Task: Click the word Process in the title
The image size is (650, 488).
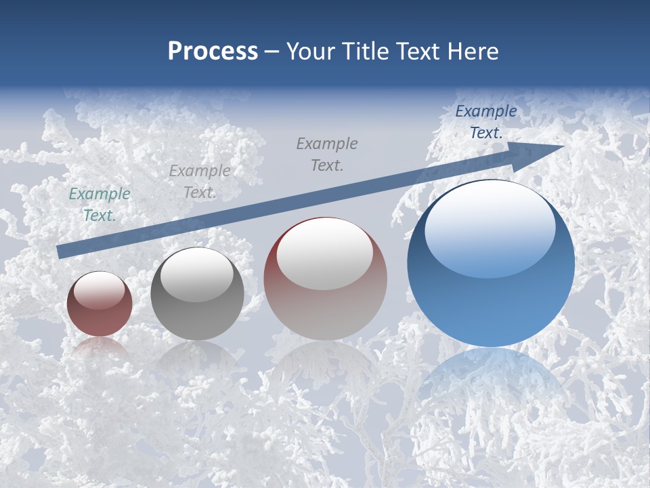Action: pyautogui.click(x=213, y=51)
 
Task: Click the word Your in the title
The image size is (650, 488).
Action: pyautogui.click(x=310, y=51)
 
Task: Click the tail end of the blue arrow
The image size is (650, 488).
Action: pyautogui.click(x=61, y=251)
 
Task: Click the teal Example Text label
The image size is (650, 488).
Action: pyautogui.click(x=100, y=205)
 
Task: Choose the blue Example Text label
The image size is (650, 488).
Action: pyautogui.click(x=485, y=122)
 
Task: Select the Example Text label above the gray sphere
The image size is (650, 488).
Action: pyautogui.click(x=199, y=182)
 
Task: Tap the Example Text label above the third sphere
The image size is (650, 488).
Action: pyautogui.click(x=327, y=154)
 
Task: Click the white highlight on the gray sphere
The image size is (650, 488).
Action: pyautogui.click(x=196, y=274)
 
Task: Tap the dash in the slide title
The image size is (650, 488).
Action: pyautogui.click(x=272, y=52)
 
